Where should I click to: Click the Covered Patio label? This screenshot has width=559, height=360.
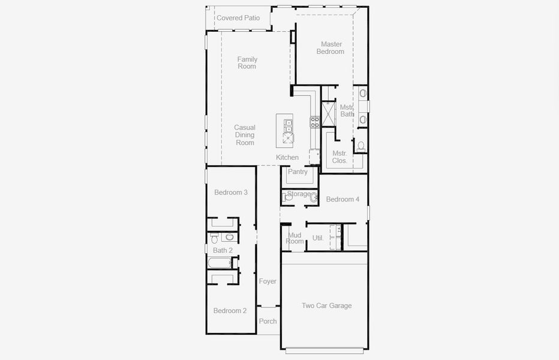pyautogui.click(x=238, y=18)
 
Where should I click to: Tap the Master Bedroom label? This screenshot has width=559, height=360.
pyautogui.click(x=330, y=48)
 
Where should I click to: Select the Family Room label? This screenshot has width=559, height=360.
pyautogui.click(x=247, y=62)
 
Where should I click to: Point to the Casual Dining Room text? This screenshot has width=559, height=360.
pyautogui.click(x=245, y=135)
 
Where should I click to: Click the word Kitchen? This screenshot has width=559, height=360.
pyautogui.click(x=287, y=158)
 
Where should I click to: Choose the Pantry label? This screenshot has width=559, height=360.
pyautogui.click(x=297, y=172)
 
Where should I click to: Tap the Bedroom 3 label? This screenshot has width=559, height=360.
pyautogui.click(x=231, y=193)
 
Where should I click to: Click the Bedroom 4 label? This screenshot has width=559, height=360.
pyautogui.click(x=342, y=199)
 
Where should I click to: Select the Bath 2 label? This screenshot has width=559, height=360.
pyautogui.click(x=223, y=250)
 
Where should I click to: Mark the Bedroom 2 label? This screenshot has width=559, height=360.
pyautogui.click(x=230, y=311)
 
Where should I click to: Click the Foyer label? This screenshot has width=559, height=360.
pyautogui.click(x=268, y=281)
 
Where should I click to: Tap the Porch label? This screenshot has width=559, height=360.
pyautogui.click(x=268, y=322)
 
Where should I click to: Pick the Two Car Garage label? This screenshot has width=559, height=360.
pyautogui.click(x=326, y=306)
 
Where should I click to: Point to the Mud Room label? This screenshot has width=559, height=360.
pyautogui.click(x=294, y=238)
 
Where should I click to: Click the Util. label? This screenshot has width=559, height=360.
pyautogui.click(x=318, y=238)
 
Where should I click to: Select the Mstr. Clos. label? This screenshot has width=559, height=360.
pyautogui.click(x=339, y=157)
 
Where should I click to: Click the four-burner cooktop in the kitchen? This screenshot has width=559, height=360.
pyautogui.click(x=315, y=122)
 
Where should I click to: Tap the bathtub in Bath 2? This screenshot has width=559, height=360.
pyautogui.click(x=220, y=263)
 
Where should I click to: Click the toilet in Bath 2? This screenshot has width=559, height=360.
pyautogui.click(x=215, y=238)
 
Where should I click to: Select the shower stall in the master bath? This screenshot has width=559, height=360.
pyautogui.click(x=328, y=115)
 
